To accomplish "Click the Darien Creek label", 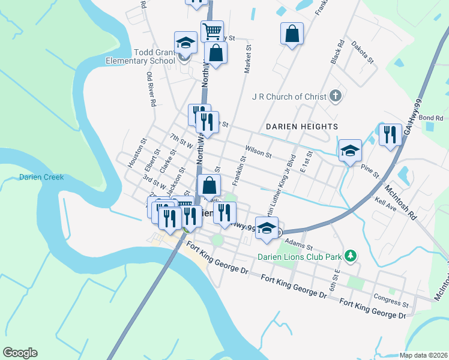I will coord(41,177).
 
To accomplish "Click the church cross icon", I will coord(336,96).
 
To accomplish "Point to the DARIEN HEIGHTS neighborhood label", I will coord(302,127).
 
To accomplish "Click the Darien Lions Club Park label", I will coord(300,257).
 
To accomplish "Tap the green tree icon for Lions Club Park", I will coord(351,256).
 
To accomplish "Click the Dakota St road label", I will coord(363,53).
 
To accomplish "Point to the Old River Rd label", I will coord(151,89).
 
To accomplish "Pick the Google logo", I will coord(20,353).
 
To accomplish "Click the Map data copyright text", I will coord(423,355).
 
